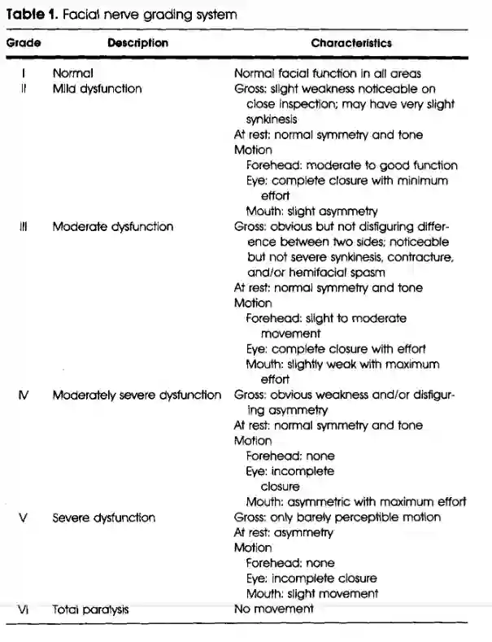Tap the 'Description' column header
click(x=137, y=43)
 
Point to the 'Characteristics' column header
click(x=350, y=43)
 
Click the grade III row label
click(x=23, y=226)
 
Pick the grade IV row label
click(x=23, y=395)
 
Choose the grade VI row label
click(x=23, y=608)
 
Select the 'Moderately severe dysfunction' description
click(x=136, y=395)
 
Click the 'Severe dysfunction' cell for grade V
click(x=102, y=518)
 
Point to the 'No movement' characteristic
click(x=273, y=608)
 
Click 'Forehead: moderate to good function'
click(x=351, y=165)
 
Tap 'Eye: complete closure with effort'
click(x=336, y=349)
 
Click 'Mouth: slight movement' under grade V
click(x=312, y=593)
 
